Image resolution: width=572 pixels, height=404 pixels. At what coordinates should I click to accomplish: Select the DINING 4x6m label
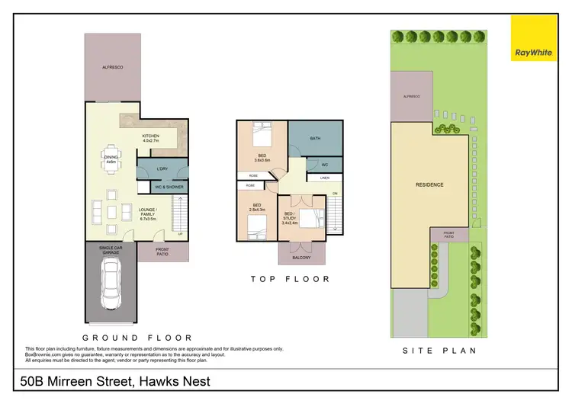pos(111,159)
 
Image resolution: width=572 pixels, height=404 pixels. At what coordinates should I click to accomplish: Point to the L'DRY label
pos(162,168)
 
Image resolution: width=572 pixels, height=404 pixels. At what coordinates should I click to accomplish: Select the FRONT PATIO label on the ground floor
pos(161,251)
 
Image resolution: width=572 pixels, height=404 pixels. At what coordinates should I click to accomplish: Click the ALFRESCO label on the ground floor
pos(113,68)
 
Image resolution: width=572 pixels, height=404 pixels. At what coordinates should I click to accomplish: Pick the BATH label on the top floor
pos(315,138)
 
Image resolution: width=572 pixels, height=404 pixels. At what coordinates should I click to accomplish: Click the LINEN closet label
pos(323,178)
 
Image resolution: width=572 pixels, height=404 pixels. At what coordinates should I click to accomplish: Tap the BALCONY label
pos(302,258)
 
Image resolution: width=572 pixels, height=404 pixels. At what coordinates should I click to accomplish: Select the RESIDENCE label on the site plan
pos(429,184)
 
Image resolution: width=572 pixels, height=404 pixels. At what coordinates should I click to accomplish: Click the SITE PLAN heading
pos(440,351)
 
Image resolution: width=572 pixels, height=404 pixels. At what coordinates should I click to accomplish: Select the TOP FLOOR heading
pos(291,279)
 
